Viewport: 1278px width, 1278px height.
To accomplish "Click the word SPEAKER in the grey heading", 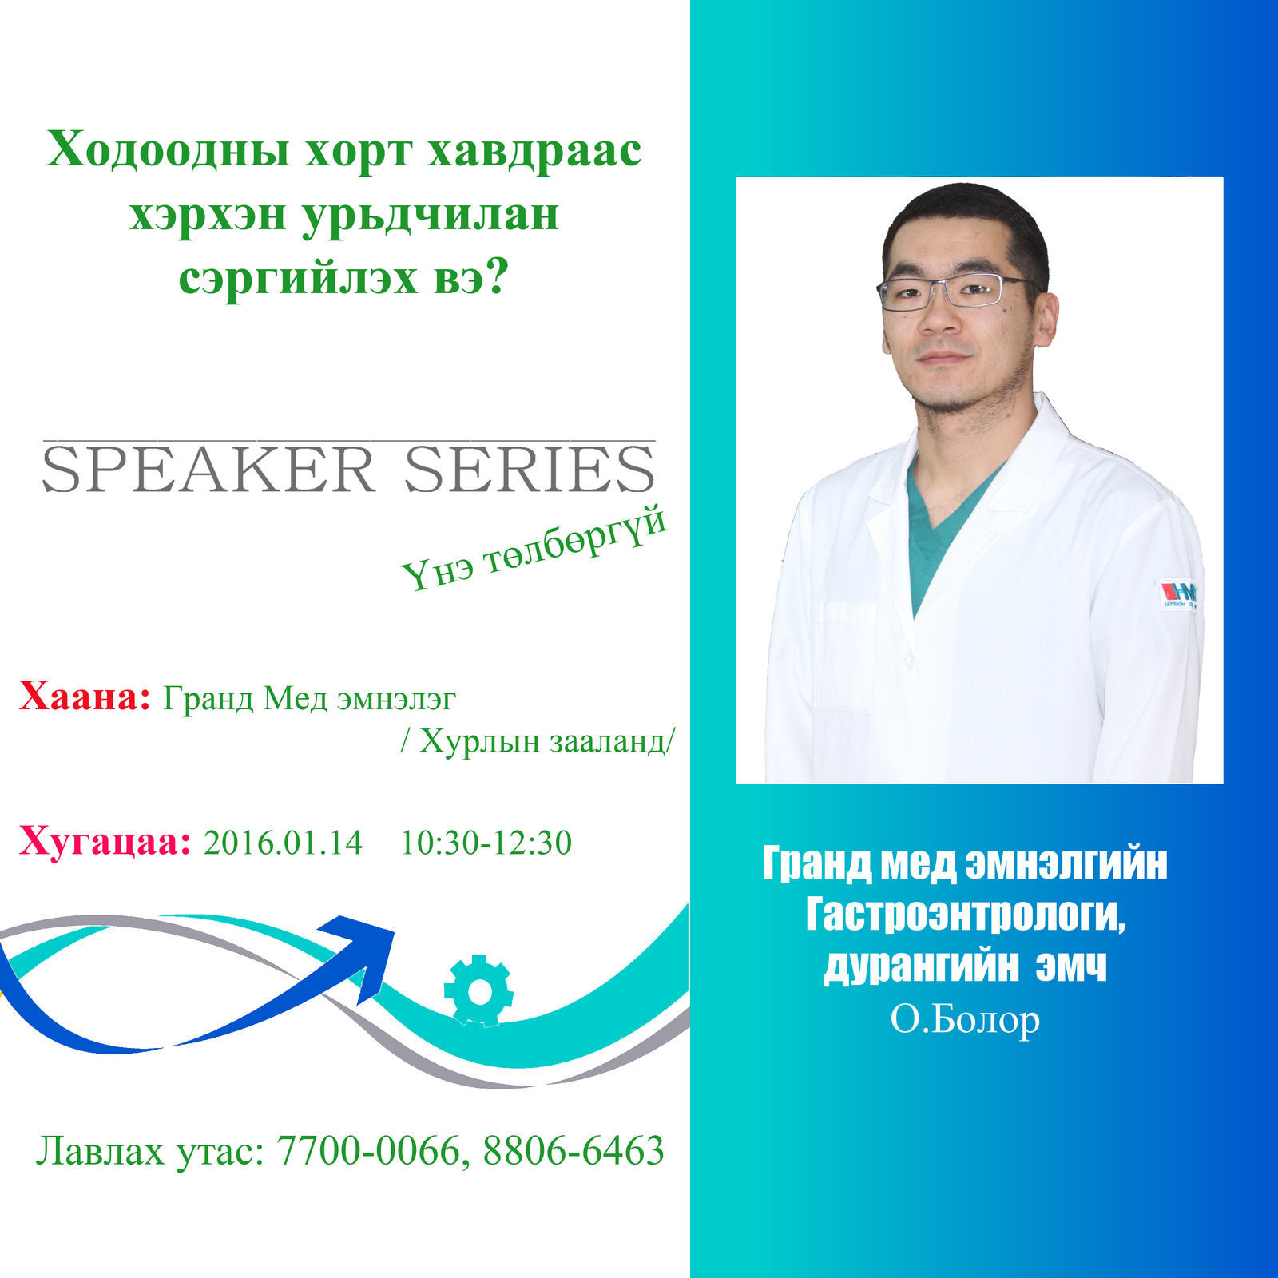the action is click(208, 470).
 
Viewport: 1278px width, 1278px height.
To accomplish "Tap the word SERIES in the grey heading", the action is click(530, 470).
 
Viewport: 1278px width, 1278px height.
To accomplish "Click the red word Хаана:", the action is click(85, 697).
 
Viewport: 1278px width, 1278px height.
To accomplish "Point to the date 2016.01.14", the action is click(284, 843).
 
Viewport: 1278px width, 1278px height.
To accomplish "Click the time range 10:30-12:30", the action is click(486, 843).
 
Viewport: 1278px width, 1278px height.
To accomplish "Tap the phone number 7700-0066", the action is click(368, 1150).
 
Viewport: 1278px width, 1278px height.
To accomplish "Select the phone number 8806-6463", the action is click(574, 1150).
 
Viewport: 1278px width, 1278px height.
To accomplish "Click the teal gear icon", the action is click(478, 990).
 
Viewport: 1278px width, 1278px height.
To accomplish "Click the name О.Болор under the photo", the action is click(965, 1020).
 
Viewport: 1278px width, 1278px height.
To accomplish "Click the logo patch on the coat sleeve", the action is click(1178, 593).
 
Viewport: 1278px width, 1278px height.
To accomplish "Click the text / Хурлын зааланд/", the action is click(537, 742).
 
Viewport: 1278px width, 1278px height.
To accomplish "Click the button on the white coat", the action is click(908, 661).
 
